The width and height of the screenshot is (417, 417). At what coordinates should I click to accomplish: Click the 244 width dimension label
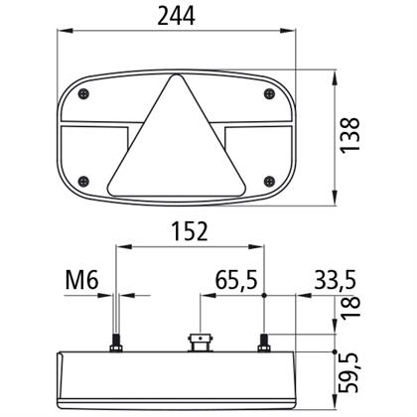pyautogui.click(x=176, y=16)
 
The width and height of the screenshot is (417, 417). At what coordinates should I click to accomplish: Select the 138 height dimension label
pyautogui.click(x=350, y=135)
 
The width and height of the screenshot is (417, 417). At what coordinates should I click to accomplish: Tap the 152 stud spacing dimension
pyautogui.click(x=190, y=231)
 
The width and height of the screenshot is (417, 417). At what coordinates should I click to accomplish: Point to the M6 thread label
pyautogui.click(x=81, y=280)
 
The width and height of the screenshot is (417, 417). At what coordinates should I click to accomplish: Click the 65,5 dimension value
pyautogui.click(x=236, y=280)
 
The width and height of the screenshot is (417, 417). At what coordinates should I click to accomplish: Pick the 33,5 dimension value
pyautogui.click(x=335, y=280)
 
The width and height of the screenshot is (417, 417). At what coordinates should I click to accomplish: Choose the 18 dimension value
pyautogui.click(x=350, y=308)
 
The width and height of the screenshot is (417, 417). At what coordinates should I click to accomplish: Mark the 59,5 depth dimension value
pyautogui.click(x=350, y=373)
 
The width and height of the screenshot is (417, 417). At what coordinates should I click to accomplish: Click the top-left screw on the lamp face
pyautogui.click(x=84, y=94)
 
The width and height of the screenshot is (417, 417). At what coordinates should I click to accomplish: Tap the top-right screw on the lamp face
pyautogui.click(x=270, y=94)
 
